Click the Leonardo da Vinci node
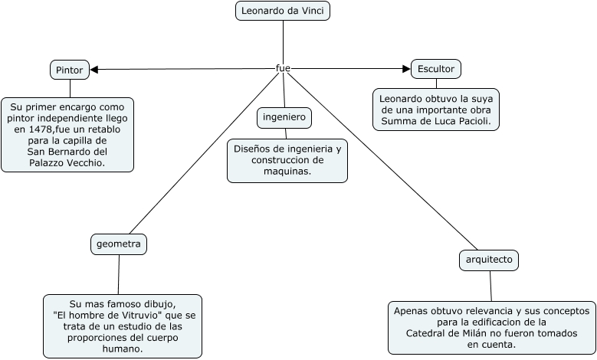283,11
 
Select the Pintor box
70,70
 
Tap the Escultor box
436,69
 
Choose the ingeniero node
284,117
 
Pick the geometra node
119,244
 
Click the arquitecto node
489,260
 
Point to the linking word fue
283,68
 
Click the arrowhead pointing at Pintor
95,70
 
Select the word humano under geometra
122,349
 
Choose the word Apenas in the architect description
410,311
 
